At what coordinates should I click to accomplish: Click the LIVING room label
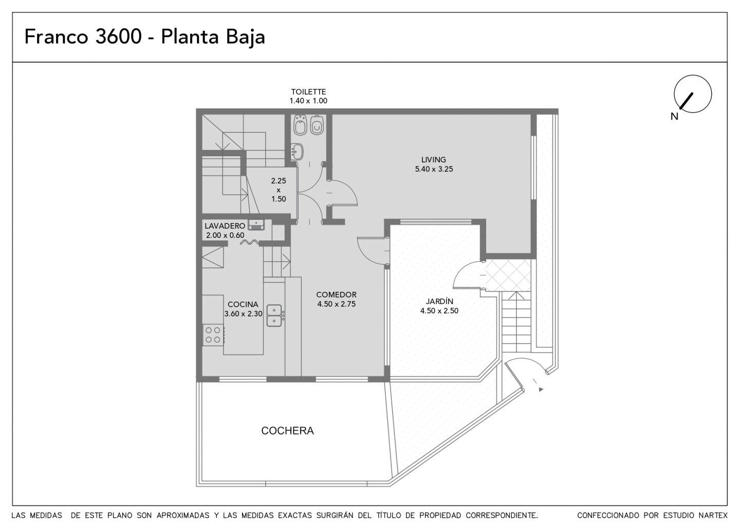(x=433, y=160)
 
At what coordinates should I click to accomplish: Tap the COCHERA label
(x=287, y=431)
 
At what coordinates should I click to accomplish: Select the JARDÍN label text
(x=439, y=301)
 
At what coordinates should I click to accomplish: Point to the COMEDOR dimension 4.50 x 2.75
(x=336, y=304)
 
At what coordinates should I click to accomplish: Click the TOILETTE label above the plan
(x=308, y=92)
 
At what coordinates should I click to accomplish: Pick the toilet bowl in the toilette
(x=317, y=125)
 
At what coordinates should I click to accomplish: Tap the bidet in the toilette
(x=300, y=125)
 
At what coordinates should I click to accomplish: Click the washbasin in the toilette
(x=297, y=152)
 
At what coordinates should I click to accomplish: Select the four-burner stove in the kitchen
(x=213, y=335)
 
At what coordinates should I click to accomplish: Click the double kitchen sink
(x=274, y=315)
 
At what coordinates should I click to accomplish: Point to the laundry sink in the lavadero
(x=256, y=225)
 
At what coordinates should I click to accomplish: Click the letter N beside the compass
(x=674, y=116)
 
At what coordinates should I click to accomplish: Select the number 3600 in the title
(x=119, y=36)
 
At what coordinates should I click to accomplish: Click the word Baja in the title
(x=246, y=37)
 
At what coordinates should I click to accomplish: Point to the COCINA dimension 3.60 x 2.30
(x=244, y=314)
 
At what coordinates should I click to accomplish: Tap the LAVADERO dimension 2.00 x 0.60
(x=225, y=235)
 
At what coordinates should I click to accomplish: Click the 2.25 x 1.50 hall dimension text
(x=279, y=190)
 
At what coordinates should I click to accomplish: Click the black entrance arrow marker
(x=541, y=389)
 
